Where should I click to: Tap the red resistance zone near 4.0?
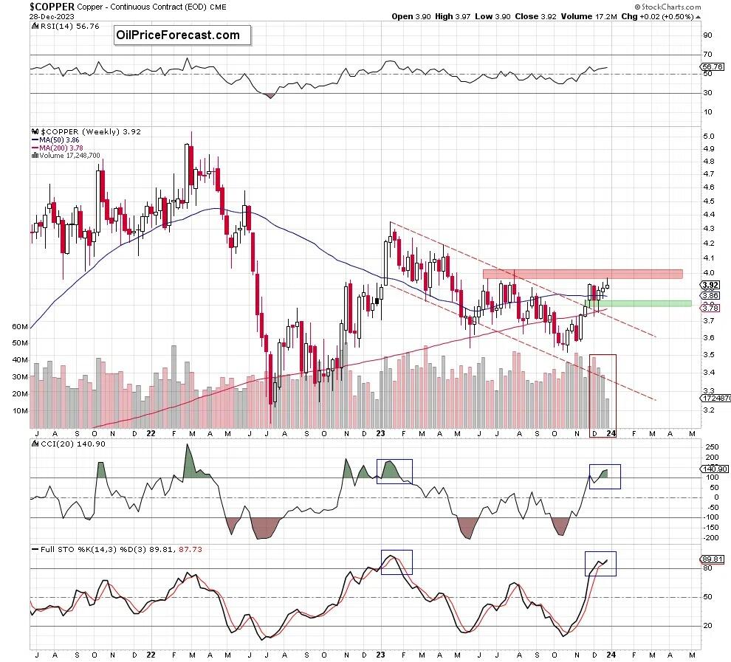point(582,274)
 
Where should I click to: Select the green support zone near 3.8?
point(638,303)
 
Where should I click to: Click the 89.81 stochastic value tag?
point(710,559)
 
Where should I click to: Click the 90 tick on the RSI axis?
point(707,35)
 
